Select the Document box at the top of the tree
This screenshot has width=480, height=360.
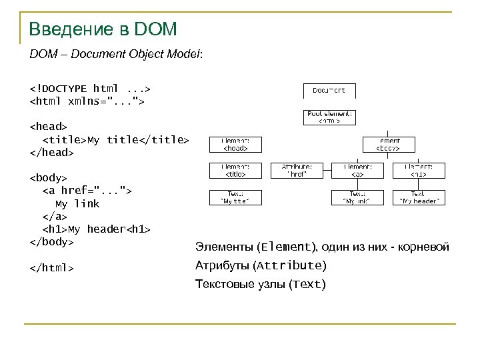pos(330,89)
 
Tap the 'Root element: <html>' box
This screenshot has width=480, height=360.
pos(330,117)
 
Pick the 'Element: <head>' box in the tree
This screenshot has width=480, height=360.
pos(232,145)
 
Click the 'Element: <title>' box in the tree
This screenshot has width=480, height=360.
pos(232,170)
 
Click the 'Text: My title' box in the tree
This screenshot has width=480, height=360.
pos(232,197)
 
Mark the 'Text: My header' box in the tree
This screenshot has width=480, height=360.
pos(419,197)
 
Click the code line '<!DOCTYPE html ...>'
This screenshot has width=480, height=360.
pos(90,87)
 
